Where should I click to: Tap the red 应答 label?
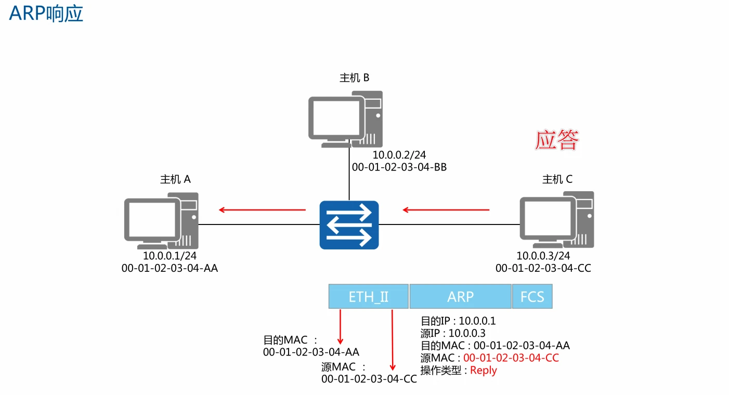557,140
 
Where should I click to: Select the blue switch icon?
349,225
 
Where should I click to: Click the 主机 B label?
354,78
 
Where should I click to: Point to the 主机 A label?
175,179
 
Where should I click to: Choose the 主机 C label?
557,179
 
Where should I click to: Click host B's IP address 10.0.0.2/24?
399,155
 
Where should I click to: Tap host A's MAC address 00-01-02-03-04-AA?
170,268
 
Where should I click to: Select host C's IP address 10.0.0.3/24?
543,256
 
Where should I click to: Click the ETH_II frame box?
368,297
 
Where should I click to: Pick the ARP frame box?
460,297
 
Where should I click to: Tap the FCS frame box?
532,297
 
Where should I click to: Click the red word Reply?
484,371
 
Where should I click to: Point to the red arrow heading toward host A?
262,210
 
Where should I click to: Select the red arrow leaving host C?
446,210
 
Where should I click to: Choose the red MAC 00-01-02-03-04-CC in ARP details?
511,358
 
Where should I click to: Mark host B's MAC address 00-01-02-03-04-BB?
399,167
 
